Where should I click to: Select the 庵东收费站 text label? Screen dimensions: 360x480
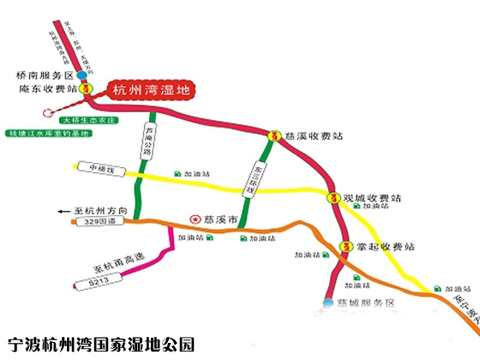[x=42, y=88]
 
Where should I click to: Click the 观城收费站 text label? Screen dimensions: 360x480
[x=373, y=196]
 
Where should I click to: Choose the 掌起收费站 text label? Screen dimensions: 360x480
[x=386, y=246]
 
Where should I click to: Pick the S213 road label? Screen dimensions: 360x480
[x=91, y=282]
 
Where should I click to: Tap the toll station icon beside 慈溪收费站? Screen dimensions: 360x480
[x=274, y=135]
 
